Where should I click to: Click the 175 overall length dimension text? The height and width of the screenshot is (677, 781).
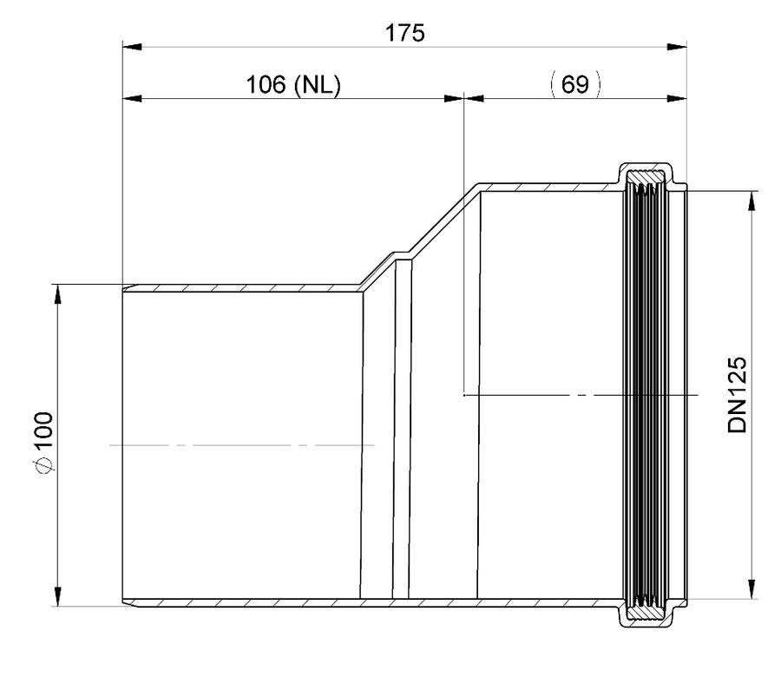coord(405,33)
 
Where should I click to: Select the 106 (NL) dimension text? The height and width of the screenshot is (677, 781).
coord(294,85)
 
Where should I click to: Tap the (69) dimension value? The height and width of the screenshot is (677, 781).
coord(575,84)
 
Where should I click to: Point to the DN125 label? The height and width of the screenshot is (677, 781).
coord(738,395)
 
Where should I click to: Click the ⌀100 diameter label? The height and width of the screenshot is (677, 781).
coord(44,442)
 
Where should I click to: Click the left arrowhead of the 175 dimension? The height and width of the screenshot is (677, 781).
coord(132,47)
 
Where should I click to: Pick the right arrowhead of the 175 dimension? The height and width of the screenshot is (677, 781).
coord(677,47)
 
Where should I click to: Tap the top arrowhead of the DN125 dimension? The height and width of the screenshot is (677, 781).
coord(752,200)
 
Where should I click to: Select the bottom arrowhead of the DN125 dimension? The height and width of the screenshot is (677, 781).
coord(752,589)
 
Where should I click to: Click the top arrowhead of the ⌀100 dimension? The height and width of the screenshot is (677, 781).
coord(58,293)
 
